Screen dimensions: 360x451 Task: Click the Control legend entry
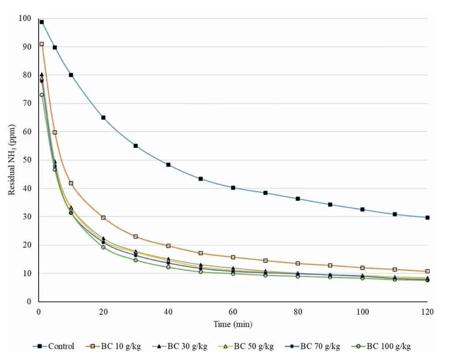pos(53,346)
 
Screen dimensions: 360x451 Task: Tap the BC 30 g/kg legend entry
pos(185,346)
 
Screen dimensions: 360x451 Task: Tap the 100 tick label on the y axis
pos(25,18)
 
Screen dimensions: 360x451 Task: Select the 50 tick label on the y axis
pos(27,160)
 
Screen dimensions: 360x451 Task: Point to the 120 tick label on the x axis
pos(427,312)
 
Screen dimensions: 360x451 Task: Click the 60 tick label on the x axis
pos(233,312)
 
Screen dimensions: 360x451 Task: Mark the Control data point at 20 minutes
pos(104,118)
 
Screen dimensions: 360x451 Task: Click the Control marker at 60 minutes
pos(233,187)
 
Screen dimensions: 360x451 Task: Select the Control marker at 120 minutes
pos(427,217)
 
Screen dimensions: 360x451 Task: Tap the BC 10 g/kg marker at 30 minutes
pos(136,236)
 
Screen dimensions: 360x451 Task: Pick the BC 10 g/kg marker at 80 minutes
pos(298,263)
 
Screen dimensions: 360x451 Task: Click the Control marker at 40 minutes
pos(168,165)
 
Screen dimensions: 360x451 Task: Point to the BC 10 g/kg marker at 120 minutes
pos(427,271)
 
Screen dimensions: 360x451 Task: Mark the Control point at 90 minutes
pos(330,204)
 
